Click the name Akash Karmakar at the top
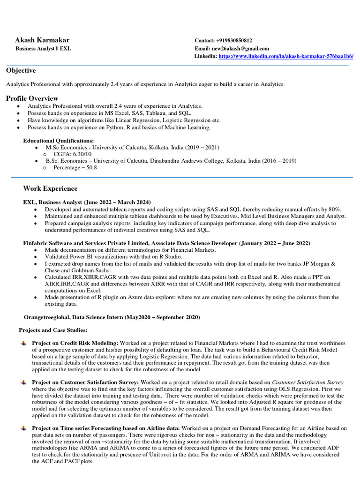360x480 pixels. pos(42,40)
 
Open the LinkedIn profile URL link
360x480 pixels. pos(286,56)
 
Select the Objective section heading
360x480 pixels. pos(21,70)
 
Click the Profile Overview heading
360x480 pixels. pos(32,98)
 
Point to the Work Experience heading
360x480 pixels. pos(50,188)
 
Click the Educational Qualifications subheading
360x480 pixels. pos(59,141)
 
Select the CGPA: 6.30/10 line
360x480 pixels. pos(73,154)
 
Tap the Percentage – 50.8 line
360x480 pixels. pos(75,167)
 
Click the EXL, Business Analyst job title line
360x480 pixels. pos(87,202)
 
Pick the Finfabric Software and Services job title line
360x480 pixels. pos(166,243)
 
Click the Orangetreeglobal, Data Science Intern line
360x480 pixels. pos(112,317)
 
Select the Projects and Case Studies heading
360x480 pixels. pos(53,330)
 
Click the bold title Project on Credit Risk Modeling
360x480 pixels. pos(75,343)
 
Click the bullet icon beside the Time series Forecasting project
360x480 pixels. pos(23,428)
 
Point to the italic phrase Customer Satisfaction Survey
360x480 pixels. pos(307,382)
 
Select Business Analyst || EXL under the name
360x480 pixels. pos(43,49)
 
